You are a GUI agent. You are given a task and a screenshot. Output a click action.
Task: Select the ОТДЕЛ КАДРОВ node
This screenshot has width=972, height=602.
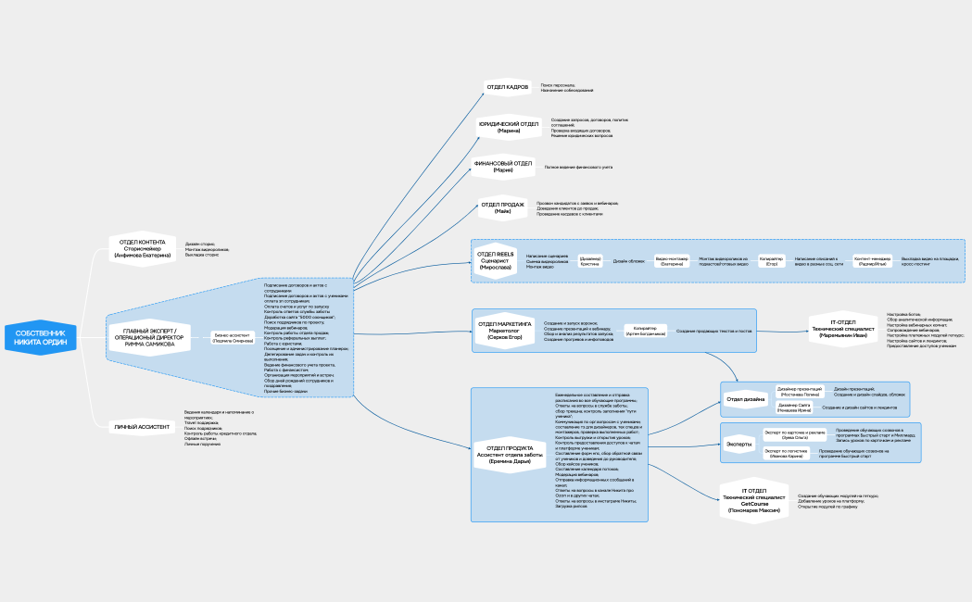(x=507, y=87)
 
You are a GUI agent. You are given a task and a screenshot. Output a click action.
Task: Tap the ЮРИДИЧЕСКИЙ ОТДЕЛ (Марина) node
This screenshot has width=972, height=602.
(x=508, y=126)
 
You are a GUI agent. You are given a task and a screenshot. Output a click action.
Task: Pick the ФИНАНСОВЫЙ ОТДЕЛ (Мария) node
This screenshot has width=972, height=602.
(x=503, y=167)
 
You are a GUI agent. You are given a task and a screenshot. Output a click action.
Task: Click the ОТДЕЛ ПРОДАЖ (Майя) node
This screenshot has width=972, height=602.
(x=502, y=208)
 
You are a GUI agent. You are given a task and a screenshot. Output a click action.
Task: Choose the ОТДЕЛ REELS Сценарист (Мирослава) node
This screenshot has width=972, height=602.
(x=495, y=260)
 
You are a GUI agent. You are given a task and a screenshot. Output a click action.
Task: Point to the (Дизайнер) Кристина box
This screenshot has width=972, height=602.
(x=590, y=262)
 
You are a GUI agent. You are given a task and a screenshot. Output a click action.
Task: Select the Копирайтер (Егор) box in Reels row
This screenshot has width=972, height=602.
(x=771, y=262)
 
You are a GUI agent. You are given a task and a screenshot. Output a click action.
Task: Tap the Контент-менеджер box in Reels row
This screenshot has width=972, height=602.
(x=872, y=262)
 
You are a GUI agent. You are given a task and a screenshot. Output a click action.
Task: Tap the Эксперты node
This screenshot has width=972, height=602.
(x=738, y=444)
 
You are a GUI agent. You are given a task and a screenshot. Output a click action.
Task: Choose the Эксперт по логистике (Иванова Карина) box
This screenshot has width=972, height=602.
(x=783, y=454)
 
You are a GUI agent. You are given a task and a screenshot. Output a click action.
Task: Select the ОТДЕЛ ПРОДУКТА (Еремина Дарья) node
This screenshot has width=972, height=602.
(x=509, y=454)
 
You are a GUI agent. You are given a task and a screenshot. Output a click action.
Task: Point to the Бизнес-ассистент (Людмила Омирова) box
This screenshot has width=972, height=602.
(x=234, y=338)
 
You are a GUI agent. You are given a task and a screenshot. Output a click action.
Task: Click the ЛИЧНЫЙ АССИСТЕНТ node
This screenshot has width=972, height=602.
(x=141, y=427)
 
